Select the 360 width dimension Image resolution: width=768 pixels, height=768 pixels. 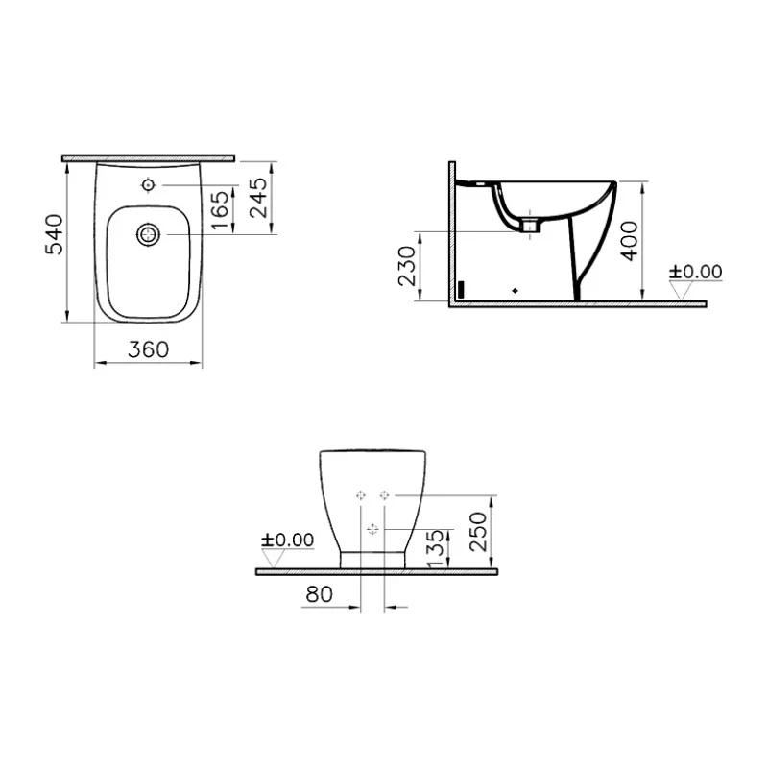[x=149, y=349]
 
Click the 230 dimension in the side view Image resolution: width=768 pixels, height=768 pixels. [x=406, y=266]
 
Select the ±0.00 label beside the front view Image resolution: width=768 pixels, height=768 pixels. [x=287, y=540]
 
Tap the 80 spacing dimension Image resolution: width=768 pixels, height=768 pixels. [x=320, y=594]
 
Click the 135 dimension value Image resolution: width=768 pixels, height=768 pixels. [x=436, y=548]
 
